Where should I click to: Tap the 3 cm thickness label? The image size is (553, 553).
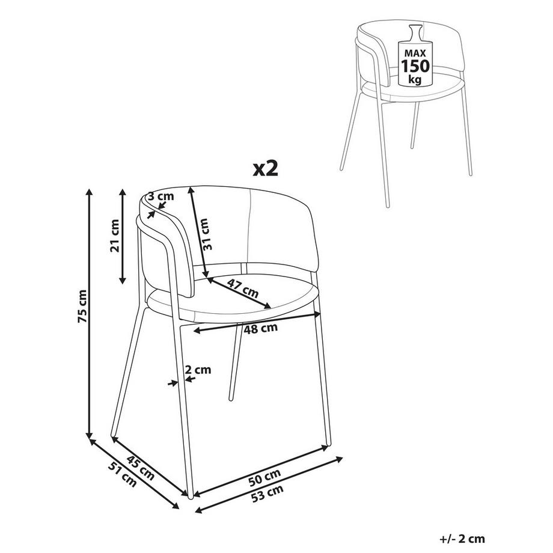[x=160, y=197]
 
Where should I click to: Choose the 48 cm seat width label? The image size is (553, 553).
[x=262, y=328]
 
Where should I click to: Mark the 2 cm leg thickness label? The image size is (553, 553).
[x=198, y=370]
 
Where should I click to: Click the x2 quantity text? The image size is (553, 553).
[x=266, y=169]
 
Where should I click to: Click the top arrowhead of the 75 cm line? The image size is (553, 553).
[x=90, y=192]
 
